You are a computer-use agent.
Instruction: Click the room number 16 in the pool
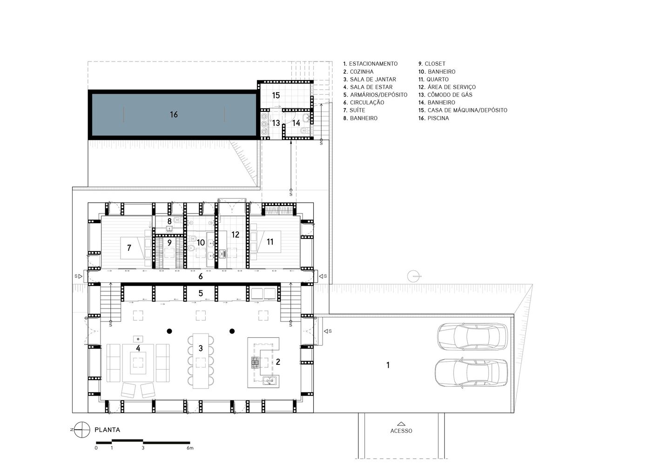tap(174, 115)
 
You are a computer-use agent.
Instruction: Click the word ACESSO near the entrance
tap(401, 431)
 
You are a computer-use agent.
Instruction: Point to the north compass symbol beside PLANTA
tap(82, 430)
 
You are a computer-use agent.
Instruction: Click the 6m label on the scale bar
tap(190, 448)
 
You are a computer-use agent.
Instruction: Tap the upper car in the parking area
tap(472, 336)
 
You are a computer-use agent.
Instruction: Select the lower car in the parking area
tap(471, 372)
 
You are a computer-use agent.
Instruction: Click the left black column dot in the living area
tap(169, 331)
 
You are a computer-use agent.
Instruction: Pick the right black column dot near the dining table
tap(232, 331)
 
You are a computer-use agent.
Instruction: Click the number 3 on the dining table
tap(201, 348)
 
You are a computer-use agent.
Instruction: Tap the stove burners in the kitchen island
tap(255, 363)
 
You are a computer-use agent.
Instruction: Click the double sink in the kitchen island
tap(269, 381)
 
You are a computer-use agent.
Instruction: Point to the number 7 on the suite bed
tap(129, 248)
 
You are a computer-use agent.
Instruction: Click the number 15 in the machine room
tap(276, 96)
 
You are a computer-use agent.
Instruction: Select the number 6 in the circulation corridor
tap(201, 276)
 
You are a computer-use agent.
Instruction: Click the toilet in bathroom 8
tap(177, 220)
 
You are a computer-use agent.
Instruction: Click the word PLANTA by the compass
tap(107, 430)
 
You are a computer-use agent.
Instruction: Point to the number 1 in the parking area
tap(388, 365)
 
